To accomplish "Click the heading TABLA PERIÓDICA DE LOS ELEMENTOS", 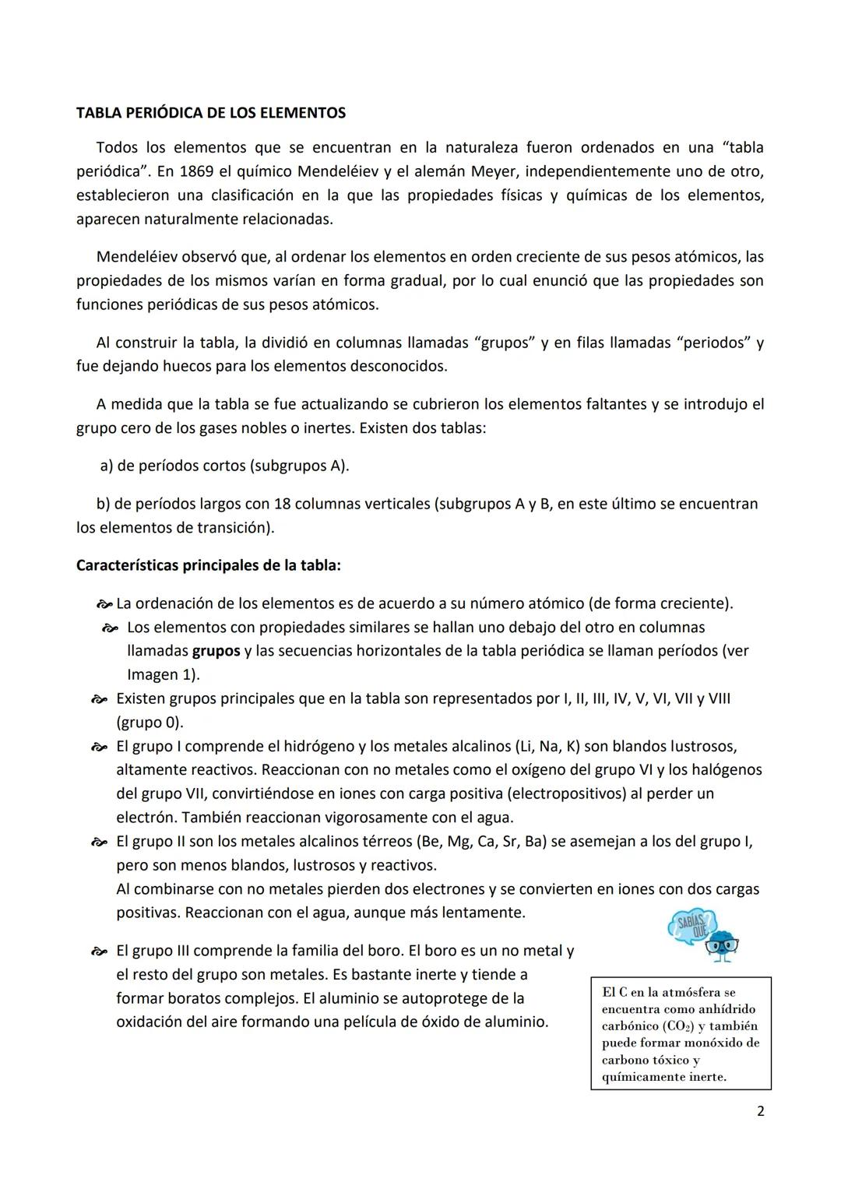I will [210, 113].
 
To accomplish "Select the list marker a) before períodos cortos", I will [107, 466].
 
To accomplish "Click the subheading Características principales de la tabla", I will [208, 565].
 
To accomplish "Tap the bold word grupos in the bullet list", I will [216, 651].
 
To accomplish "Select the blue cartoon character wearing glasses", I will [721, 945].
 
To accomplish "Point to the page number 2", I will [760, 1111].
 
